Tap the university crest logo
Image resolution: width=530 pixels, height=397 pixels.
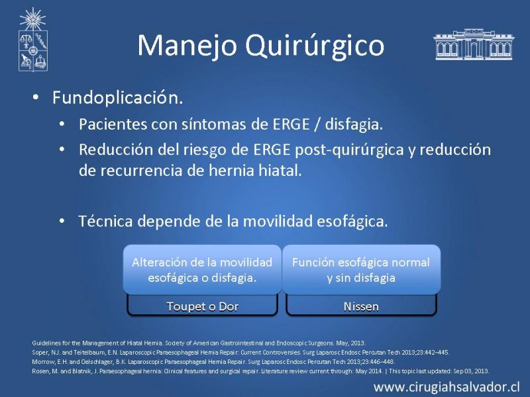pyautogui.click(x=32, y=40)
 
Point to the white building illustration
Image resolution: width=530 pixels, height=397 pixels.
pyautogui.click(x=474, y=44)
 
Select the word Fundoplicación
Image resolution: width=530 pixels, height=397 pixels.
pyautogui.click(x=118, y=98)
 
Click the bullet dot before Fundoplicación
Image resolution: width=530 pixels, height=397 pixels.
pyautogui.click(x=36, y=97)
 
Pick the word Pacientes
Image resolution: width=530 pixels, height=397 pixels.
pyautogui.click(x=113, y=124)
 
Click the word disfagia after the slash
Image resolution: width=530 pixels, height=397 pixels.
pyautogui.click(x=354, y=124)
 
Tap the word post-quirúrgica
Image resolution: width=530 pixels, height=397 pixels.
pyautogui.click(x=349, y=150)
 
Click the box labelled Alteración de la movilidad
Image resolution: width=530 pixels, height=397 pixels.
pyautogui.click(x=202, y=269)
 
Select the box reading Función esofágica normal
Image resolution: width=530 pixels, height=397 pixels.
pyautogui.click(x=361, y=269)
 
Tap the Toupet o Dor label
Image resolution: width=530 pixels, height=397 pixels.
pyautogui.click(x=203, y=306)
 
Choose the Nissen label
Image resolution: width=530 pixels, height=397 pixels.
pyautogui.click(x=361, y=306)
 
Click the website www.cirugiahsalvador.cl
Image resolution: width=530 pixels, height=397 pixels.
pyautogui.click(x=446, y=387)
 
